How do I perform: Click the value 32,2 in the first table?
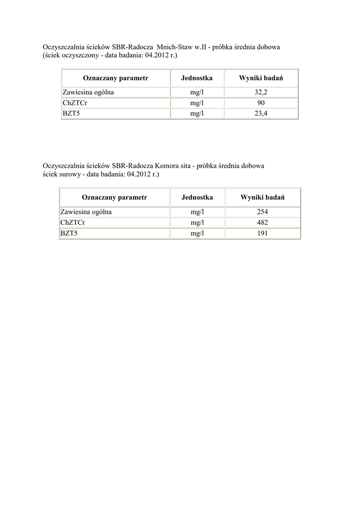click(x=261, y=92)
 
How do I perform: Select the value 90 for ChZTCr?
click(x=261, y=103)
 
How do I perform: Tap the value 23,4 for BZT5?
click(x=261, y=113)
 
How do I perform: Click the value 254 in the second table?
click(x=262, y=212)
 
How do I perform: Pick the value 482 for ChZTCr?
click(x=262, y=222)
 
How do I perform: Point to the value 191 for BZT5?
click(x=262, y=233)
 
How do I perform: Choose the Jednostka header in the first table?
click(x=197, y=78)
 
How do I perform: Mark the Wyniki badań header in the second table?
click(x=262, y=197)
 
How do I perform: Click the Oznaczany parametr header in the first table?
click(x=115, y=78)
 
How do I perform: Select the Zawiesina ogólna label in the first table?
click(x=88, y=92)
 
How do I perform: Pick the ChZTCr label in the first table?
click(x=73, y=103)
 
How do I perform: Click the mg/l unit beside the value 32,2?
click(x=197, y=92)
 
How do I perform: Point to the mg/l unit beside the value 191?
click(x=197, y=233)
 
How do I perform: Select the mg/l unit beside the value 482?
click(x=197, y=222)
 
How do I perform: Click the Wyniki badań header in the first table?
click(x=261, y=78)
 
